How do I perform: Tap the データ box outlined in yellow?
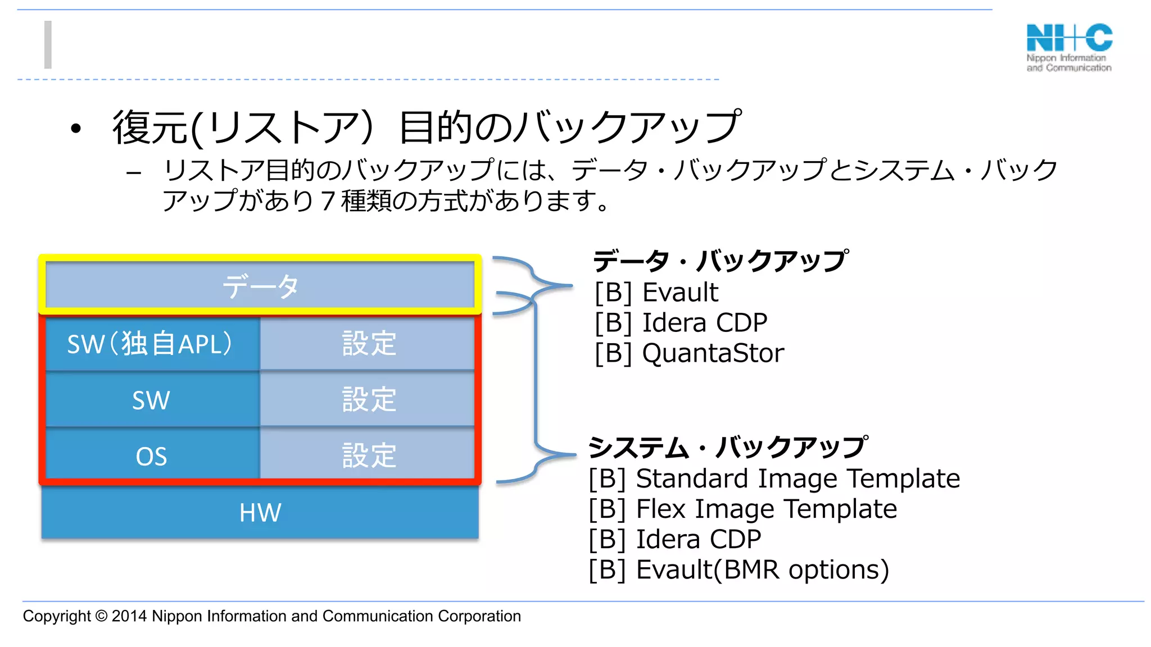coord(260,286)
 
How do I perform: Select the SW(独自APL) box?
coord(151,344)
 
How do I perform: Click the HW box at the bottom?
coord(260,512)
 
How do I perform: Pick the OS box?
coord(151,456)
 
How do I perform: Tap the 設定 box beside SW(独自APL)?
coord(369,344)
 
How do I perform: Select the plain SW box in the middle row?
coord(151,400)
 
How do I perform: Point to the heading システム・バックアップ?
coord(728,448)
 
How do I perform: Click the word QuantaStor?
coord(713,353)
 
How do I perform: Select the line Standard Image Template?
coord(797,479)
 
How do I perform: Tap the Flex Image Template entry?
coord(765,509)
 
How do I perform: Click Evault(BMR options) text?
coord(762,570)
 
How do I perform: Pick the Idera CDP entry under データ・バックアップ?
coord(704,323)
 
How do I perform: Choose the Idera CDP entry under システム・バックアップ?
coord(698,540)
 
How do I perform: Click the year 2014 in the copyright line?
coord(129,616)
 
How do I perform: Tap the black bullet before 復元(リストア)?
coord(76,129)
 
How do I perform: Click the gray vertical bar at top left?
coord(48,45)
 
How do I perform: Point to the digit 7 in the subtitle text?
coord(328,201)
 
